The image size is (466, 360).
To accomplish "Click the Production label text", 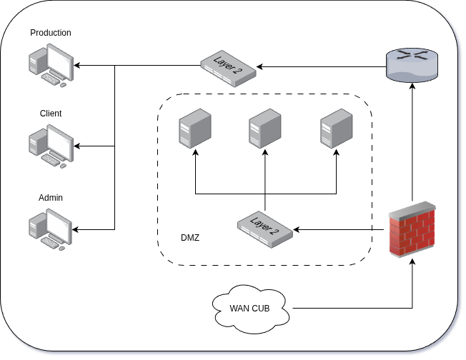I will click(51, 33).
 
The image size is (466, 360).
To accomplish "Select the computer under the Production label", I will click(50, 65).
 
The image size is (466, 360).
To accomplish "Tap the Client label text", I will click(51, 114).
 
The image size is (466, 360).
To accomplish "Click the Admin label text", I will click(51, 197).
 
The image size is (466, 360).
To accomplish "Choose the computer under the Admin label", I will click(50, 229).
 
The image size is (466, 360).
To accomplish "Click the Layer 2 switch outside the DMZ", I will click(228, 66).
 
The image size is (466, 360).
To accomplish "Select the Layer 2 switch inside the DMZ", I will click(266, 229).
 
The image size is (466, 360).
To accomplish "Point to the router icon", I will click(412, 65).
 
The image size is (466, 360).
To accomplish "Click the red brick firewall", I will click(412, 229).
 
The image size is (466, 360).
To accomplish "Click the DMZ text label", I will click(190, 237).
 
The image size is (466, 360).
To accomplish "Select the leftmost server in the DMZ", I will click(194, 129).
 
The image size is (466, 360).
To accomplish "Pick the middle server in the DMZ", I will click(265, 129).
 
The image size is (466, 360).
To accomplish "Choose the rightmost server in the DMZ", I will click(336, 129).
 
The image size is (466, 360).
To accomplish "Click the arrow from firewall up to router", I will click(412, 143).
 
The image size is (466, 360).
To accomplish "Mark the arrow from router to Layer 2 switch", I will click(322, 66).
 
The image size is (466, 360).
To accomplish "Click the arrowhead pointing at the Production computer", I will click(76, 66).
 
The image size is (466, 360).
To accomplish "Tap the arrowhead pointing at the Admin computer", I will click(76, 229).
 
